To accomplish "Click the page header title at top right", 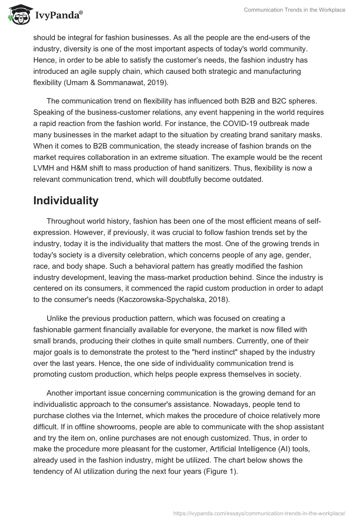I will (x=295, y=10).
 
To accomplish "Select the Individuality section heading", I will (x=66, y=201).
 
